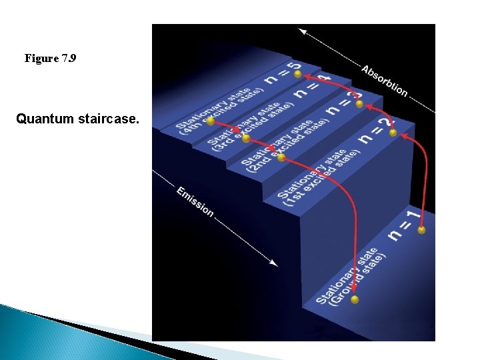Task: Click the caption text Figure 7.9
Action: coord(50,59)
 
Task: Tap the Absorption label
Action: coord(384,80)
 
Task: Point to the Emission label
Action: coord(195,201)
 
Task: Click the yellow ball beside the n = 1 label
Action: coord(421,230)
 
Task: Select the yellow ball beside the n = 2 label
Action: coord(393,133)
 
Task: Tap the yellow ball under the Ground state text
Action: coord(355,299)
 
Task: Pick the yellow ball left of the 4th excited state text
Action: coord(210,121)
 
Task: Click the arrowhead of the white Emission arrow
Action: coord(275,263)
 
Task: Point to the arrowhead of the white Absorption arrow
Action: coord(302,31)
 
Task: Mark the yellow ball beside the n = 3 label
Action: coord(359,104)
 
